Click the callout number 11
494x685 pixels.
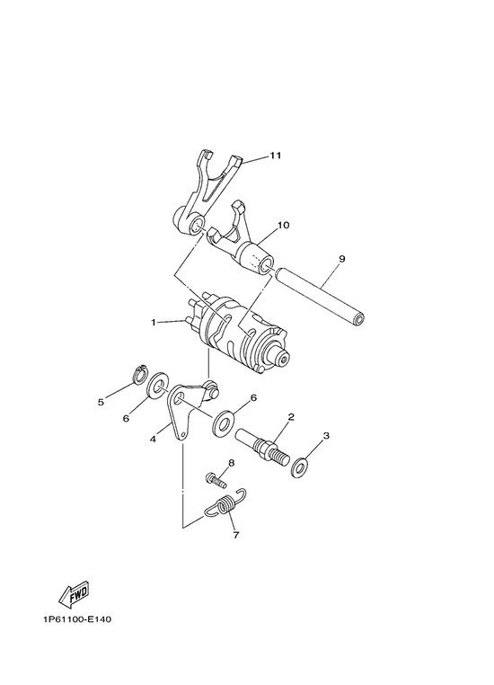(275, 156)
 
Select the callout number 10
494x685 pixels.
(283, 226)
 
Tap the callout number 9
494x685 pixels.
(341, 259)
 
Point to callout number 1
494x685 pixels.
(154, 323)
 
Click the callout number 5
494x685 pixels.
(101, 403)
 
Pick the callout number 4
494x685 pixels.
(153, 439)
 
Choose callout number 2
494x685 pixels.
(291, 417)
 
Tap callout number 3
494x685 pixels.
(326, 436)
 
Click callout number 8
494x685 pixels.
(232, 463)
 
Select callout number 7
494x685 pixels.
(236, 535)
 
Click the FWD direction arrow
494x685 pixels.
(75, 594)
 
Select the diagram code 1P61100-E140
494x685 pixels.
(77, 619)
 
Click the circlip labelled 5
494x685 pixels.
(139, 374)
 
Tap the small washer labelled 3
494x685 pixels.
(300, 467)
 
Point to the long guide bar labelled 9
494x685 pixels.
(320, 297)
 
